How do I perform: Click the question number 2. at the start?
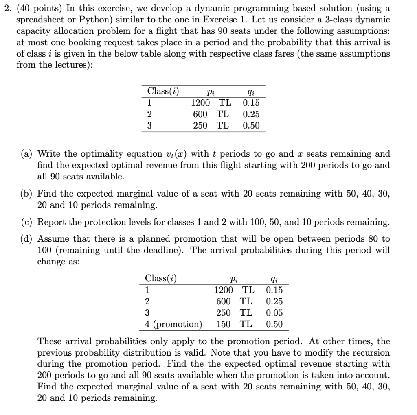click(x=5, y=9)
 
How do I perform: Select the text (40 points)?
click(x=34, y=9)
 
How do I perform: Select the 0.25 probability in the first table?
click(x=251, y=114)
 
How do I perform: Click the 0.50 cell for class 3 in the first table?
click(x=251, y=126)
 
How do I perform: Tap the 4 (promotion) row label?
click(x=173, y=324)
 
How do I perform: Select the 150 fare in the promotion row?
click(x=223, y=324)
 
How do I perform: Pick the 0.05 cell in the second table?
click(x=274, y=313)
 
